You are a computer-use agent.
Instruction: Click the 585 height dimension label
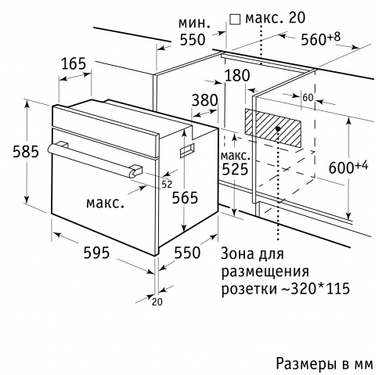(x=26, y=152)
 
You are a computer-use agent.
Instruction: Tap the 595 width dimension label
(x=96, y=253)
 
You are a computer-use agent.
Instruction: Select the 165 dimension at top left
(x=74, y=63)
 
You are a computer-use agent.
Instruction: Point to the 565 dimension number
(x=185, y=197)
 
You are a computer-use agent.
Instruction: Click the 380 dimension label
(x=205, y=100)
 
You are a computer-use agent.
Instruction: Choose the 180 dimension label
(x=237, y=75)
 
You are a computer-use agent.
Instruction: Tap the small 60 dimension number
(x=308, y=98)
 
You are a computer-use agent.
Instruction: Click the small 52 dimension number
(x=167, y=185)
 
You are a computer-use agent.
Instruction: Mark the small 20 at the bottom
(x=157, y=302)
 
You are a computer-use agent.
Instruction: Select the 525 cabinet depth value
(x=235, y=169)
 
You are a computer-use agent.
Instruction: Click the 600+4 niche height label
(x=348, y=167)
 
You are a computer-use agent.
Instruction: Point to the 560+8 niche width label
(x=321, y=38)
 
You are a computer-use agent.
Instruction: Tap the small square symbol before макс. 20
(x=235, y=20)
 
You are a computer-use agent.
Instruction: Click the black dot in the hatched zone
(x=278, y=128)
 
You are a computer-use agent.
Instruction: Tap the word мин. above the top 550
(x=194, y=23)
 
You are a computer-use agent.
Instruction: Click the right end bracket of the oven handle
(x=135, y=171)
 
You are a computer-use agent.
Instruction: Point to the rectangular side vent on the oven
(x=187, y=151)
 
